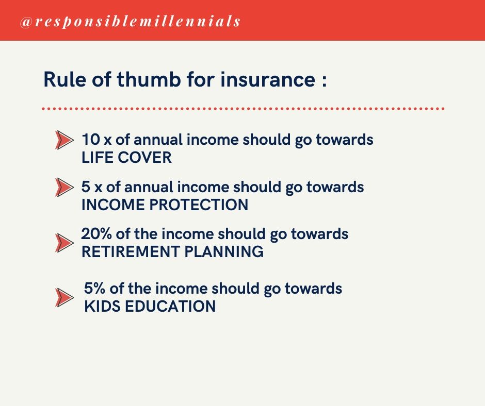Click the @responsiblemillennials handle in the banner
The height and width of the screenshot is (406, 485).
(x=130, y=22)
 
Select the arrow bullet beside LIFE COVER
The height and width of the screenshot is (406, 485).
(x=64, y=140)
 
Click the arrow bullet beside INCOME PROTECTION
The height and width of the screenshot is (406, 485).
(x=64, y=187)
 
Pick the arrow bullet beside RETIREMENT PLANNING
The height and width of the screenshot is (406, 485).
(x=64, y=243)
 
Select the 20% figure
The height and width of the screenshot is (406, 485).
(x=96, y=234)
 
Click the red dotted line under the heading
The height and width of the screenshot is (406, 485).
(x=242, y=109)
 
